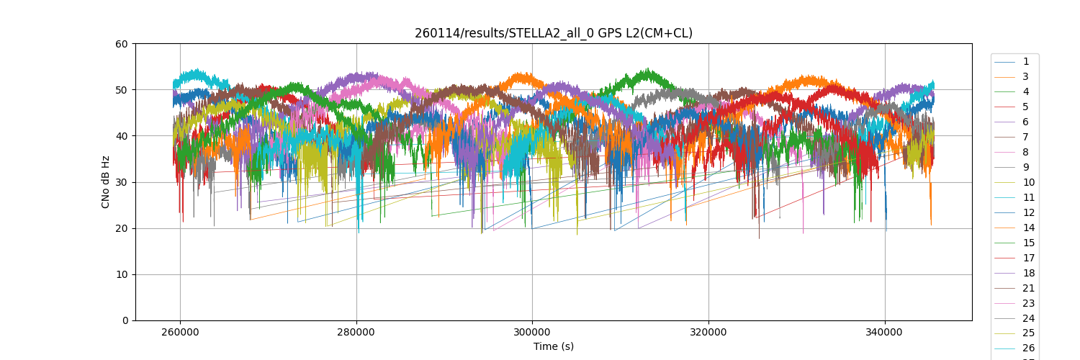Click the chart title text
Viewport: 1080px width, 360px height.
pyautogui.click(x=553, y=33)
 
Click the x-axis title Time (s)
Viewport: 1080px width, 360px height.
pyautogui.click(x=553, y=346)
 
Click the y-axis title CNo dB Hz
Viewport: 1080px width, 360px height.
pyautogui.click(x=106, y=182)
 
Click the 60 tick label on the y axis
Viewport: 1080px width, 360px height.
pyautogui.click(x=122, y=44)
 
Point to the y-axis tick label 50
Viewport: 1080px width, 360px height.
pyautogui.click(x=122, y=90)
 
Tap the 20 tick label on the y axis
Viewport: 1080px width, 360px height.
pyautogui.click(x=122, y=228)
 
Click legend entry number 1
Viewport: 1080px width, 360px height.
pyautogui.click(x=1025, y=62)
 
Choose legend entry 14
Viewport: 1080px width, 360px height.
pyautogui.click(x=1028, y=228)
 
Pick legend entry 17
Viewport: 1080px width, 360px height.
pyautogui.click(x=1028, y=258)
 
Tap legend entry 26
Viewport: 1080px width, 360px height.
pyautogui.click(x=1028, y=348)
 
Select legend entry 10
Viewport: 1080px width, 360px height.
pyautogui.click(x=1028, y=182)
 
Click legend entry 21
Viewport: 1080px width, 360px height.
pyautogui.click(x=1028, y=288)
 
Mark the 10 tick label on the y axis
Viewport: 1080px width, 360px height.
pyautogui.click(x=122, y=274)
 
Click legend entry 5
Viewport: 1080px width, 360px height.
pyautogui.click(x=1025, y=107)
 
